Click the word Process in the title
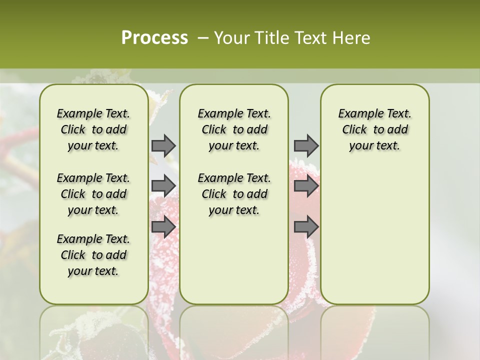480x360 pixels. [154, 38]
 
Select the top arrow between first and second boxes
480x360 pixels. [163, 145]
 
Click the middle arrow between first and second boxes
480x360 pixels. [163, 186]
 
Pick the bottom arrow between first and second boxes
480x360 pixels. [163, 226]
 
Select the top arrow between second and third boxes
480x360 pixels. [306, 145]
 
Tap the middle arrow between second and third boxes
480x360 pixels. [306, 186]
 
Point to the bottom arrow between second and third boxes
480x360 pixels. [306, 226]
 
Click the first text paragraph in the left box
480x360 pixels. [93, 129]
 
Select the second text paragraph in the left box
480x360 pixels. [93, 194]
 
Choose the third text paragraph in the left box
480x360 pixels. [93, 255]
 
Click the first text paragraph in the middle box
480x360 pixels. [234, 129]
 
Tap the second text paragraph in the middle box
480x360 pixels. [234, 194]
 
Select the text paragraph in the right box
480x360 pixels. [374, 129]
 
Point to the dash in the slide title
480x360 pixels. [203, 38]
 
